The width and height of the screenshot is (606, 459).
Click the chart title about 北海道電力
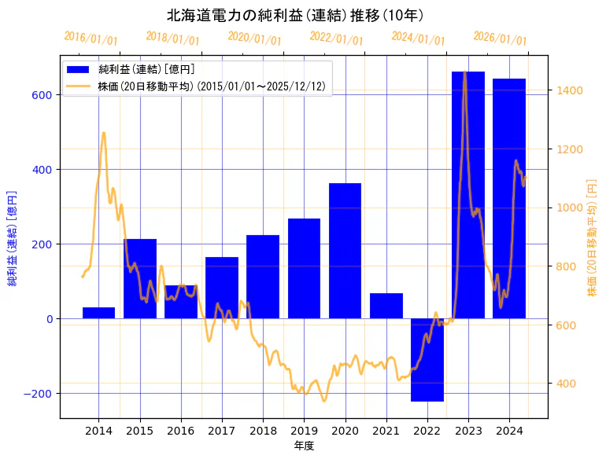(x=295, y=15)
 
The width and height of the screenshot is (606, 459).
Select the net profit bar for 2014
(x=98, y=313)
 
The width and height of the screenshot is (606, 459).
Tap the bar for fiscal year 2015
(x=139, y=278)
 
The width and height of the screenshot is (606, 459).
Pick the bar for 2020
(x=345, y=251)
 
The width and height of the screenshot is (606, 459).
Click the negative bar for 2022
(x=427, y=360)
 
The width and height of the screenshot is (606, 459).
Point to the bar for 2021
(x=386, y=306)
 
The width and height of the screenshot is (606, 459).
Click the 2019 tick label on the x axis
(x=304, y=431)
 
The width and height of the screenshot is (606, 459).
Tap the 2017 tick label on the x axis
(x=222, y=431)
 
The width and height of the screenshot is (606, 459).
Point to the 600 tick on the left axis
(x=42, y=95)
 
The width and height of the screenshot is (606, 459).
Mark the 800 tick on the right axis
(x=564, y=266)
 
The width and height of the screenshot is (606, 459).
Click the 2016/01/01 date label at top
(x=91, y=38)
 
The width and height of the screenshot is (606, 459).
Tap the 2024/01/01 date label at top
(x=418, y=38)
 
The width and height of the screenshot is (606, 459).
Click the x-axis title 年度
(x=304, y=445)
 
